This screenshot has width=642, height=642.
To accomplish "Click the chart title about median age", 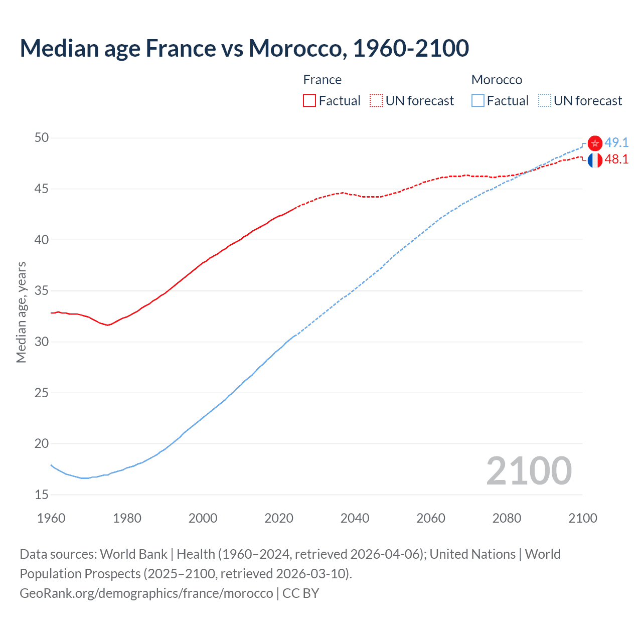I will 244,48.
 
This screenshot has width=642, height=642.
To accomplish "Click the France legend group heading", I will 322,80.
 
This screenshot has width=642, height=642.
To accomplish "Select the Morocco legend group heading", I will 497,80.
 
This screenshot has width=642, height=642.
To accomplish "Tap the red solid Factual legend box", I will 309,100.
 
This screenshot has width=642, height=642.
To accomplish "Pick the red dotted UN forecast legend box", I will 376,100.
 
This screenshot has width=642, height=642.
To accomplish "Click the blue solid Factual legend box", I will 478,100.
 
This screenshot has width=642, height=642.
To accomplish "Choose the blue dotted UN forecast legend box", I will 545,100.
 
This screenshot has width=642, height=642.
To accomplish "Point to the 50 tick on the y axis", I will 42,137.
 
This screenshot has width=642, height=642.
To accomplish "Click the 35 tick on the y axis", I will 42,290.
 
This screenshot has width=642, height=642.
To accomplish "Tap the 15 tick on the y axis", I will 42,495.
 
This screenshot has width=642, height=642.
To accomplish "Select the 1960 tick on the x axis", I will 51,518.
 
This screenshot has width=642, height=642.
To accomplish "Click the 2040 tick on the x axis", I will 355,518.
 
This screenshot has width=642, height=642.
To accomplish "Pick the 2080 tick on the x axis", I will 507,518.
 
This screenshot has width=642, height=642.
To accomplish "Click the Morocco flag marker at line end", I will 595,143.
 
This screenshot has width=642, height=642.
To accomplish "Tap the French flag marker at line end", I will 595,160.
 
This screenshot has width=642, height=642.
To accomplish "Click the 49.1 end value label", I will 616,142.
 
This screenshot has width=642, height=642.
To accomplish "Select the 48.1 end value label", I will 616,159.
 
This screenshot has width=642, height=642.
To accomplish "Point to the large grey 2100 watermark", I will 529,470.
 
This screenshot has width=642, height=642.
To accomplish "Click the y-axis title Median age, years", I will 21,312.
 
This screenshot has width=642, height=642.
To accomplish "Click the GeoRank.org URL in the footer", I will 146,593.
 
